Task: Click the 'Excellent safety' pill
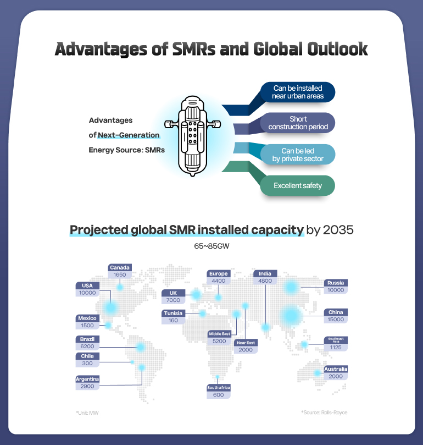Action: tap(297, 185)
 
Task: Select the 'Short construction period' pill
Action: tap(298, 123)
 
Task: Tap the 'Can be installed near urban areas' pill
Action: tap(297, 92)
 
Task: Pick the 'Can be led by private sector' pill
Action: tap(298, 155)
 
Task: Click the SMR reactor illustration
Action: tap(192, 135)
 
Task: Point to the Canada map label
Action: tap(119, 268)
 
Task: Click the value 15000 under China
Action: tap(335, 320)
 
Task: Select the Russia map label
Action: tap(335, 283)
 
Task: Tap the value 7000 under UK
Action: tap(173, 300)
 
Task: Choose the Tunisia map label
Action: tap(174, 313)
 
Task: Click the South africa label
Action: tap(218, 388)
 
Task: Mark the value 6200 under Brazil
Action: tap(87, 347)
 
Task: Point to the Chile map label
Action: tap(87, 356)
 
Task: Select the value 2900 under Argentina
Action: tap(87, 387)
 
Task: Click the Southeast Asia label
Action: tap(336, 339)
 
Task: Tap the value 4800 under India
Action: tap(265, 281)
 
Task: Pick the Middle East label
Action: tap(219, 334)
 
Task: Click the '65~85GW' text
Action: tap(211, 246)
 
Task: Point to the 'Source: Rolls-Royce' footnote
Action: tap(324, 412)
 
